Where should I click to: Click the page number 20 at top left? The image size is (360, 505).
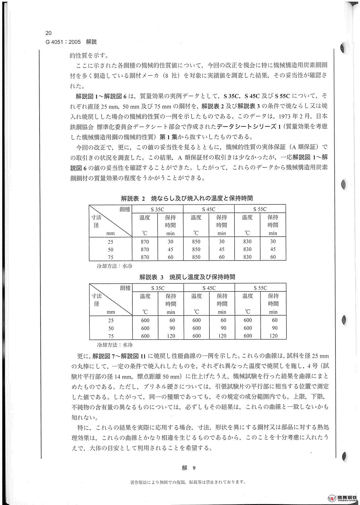click(x=48, y=33)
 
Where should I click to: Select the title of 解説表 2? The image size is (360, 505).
click(x=187, y=198)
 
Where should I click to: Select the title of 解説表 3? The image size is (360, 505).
click(x=187, y=277)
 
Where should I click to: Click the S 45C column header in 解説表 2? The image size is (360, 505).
click(x=209, y=209)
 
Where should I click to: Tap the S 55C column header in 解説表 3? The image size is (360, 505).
click(x=260, y=288)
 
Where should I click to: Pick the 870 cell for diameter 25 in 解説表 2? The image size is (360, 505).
click(x=145, y=242)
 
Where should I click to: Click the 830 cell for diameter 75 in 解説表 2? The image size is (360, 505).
click(x=247, y=257)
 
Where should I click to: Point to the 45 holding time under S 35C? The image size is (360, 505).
click(x=170, y=249)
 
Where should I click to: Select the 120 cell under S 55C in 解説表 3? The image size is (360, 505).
click(x=273, y=336)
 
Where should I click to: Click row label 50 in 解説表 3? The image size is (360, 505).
click(x=111, y=328)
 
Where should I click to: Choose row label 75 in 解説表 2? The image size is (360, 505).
click(x=110, y=257)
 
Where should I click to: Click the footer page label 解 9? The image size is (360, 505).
click(x=189, y=468)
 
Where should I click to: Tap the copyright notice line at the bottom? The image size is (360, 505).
click(x=188, y=482)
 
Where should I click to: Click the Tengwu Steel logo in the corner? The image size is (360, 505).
click(x=343, y=498)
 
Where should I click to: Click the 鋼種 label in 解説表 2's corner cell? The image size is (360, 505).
click(x=125, y=210)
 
